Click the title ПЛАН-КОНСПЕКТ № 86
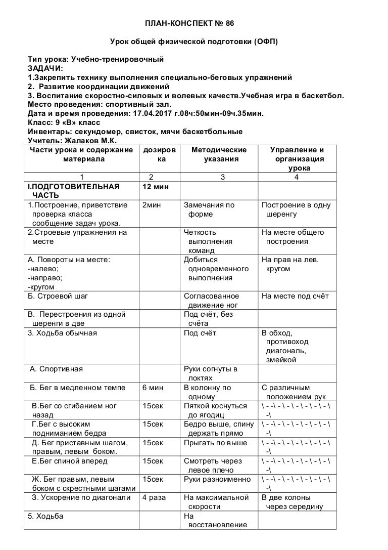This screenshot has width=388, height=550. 194,24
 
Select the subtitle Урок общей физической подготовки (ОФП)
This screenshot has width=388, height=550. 194,41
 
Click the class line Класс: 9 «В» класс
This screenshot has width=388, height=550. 64,122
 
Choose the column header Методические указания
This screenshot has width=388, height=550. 219,154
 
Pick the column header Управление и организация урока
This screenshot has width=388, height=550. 297,159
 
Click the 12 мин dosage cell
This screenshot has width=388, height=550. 156,187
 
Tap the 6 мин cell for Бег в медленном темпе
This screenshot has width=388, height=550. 153,388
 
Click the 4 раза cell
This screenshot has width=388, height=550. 154,497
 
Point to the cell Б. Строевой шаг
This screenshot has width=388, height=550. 58,296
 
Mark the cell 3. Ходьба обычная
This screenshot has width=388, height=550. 62,333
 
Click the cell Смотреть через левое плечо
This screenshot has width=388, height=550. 213,466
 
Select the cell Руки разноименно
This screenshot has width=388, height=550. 217,479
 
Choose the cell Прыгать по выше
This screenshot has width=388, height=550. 216,443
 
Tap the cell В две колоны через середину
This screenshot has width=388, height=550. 292,502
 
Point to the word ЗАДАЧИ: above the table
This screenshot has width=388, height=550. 45,68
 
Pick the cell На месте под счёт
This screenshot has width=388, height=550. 295,296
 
